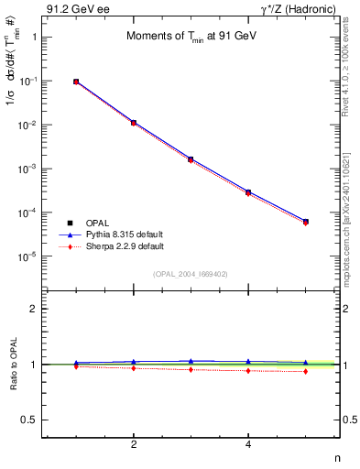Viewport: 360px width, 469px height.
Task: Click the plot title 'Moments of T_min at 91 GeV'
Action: click(187, 37)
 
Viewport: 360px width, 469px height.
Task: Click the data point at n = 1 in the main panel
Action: click(76, 82)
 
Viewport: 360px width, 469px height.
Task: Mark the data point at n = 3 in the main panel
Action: click(191, 158)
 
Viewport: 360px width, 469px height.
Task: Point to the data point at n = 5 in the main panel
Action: click(305, 221)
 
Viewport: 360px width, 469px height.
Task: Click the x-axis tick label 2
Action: click(134, 445)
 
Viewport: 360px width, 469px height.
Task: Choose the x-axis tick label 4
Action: click(248, 445)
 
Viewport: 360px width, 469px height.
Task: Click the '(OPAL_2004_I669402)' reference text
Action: click(191, 274)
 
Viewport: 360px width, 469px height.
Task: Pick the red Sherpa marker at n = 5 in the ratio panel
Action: click(305, 371)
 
